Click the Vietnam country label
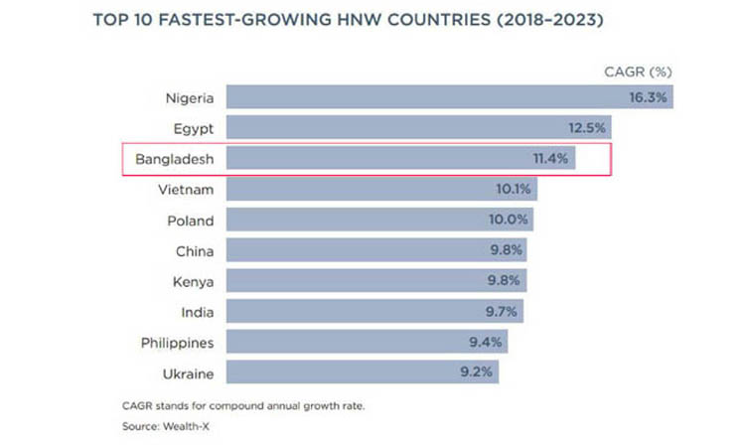187,189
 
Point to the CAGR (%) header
639,72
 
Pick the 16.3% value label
649,96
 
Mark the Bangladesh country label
171,158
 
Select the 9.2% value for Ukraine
477,373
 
